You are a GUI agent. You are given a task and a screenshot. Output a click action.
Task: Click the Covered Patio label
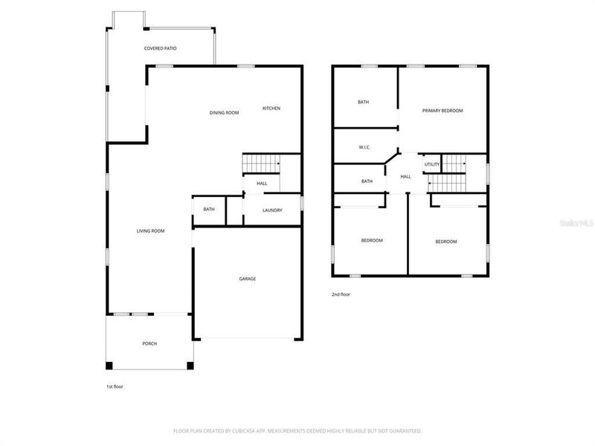[160, 48]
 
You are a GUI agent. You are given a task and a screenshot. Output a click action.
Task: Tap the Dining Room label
[224, 112]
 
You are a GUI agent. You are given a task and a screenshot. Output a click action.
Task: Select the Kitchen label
[271, 109]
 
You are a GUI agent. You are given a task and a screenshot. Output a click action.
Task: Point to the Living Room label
[150, 231]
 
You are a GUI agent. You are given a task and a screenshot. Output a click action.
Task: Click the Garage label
[248, 279]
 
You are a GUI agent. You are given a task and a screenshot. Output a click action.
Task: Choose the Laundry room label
[272, 210]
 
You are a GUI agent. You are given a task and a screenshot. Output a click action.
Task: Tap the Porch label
[149, 343]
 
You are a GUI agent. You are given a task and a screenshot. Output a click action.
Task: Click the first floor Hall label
[262, 184]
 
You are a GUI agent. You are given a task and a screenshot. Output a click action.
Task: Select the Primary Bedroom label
[443, 111]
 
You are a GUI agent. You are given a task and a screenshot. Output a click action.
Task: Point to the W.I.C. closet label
[364, 147]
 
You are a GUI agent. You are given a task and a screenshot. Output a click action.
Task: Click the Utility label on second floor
[432, 164]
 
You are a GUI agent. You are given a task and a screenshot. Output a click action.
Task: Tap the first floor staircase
[261, 162]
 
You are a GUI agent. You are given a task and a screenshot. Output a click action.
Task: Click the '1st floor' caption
[115, 387]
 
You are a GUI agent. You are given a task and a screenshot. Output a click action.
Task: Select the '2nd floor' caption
[341, 294]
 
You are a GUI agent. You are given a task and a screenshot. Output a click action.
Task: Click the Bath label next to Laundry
[209, 210]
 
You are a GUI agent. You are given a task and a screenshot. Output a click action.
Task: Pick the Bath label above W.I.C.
[364, 102]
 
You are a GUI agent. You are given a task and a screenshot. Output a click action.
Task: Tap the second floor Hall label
[405, 177]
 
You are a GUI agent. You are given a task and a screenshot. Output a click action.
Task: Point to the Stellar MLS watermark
[579, 222]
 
